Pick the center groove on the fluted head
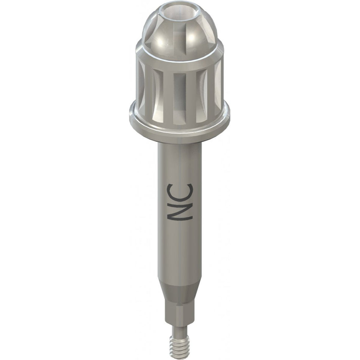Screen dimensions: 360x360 [180, 91]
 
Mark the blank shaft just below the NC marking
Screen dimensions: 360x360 [180, 250]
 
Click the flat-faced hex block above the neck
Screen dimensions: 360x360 [180, 315]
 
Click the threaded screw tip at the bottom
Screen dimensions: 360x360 [180, 347]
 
